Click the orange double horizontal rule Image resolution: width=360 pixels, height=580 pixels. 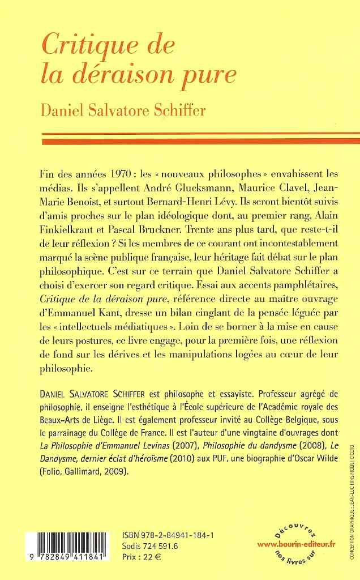[x=200, y=138]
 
